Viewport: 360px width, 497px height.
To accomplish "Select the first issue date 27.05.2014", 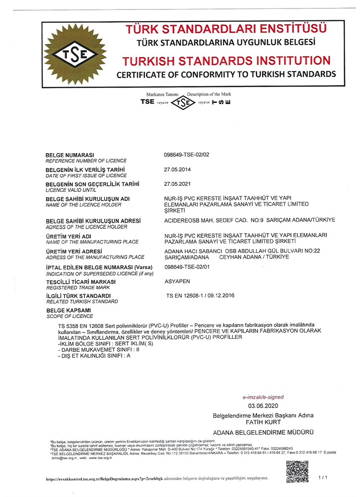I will [177, 169].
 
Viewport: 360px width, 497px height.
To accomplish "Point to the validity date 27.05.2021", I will [177, 184].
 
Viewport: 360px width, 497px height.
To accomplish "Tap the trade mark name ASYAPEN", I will [177, 281].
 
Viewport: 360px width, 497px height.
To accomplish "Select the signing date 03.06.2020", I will [263, 406].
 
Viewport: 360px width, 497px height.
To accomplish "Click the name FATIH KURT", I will [263, 422].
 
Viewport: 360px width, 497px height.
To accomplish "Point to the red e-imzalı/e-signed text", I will [263, 397].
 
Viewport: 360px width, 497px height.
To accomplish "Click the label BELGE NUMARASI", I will [70, 155].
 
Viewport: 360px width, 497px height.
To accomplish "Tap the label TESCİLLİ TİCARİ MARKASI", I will [80, 282].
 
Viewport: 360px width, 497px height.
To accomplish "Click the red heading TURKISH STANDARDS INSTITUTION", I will [226, 61].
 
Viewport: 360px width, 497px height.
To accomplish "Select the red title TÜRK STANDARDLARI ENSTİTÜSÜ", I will [226, 27].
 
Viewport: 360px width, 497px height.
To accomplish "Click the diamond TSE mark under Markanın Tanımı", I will [185, 103].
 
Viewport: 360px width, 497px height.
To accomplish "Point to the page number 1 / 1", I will [323, 477].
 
